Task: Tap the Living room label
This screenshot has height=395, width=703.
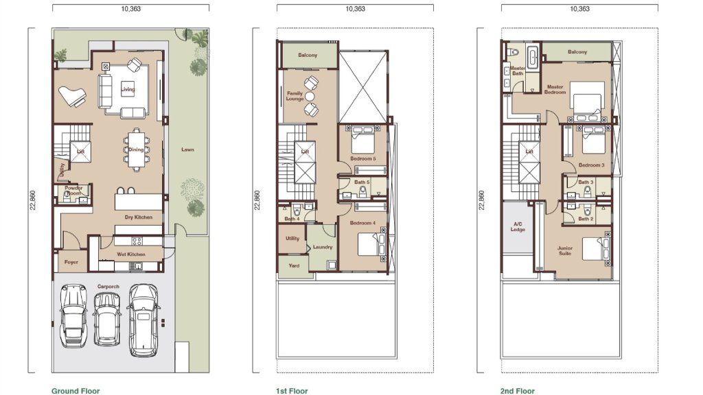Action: pyautogui.click(x=128, y=89)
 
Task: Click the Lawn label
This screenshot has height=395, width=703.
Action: pyautogui.click(x=188, y=149)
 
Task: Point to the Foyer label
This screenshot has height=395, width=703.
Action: pyautogui.click(x=71, y=262)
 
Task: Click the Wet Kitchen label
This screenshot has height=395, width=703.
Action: pyautogui.click(x=131, y=254)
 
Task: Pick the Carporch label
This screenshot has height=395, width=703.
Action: pyautogui.click(x=108, y=287)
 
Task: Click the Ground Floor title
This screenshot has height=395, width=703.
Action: pyautogui.click(x=76, y=391)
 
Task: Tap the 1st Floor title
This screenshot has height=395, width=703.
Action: pyautogui.click(x=292, y=391)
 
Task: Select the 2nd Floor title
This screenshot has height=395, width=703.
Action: pyautogui.click(x=518, y=391)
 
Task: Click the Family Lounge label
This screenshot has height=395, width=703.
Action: pyautogui.click(x=295, y=96)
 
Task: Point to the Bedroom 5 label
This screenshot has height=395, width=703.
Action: pyautogui.click(x=362, y=158)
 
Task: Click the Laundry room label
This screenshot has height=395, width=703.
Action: pyautogui.click(x=323, y=247)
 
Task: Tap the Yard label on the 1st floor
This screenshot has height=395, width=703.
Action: pyautogui.click(x=294, y=265)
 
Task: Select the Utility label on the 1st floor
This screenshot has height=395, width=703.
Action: pyautogui.click(x=292, y=238)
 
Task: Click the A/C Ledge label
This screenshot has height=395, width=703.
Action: pyautogui.click(x=518, y=226)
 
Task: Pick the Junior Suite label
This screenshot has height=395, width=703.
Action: pyautogui.click(x=565, y=251)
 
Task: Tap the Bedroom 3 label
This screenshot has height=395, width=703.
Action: pyautogui.click(x=591, y=165)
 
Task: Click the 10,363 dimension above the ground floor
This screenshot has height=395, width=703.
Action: pyautogui.click(x=131, y=8)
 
